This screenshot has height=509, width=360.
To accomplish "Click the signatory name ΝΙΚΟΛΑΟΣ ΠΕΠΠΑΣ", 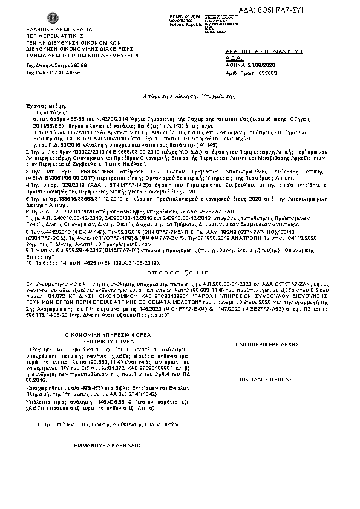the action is pos(267,365).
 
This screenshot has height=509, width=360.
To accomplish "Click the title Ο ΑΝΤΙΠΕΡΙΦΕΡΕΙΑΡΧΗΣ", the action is pos(267,343).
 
